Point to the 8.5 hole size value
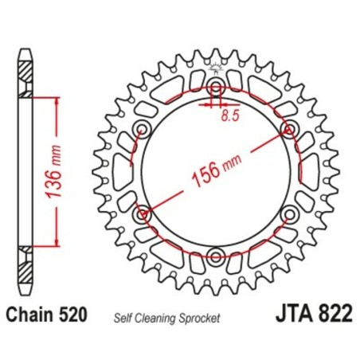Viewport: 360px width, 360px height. pyautogui.click(x=229, y=115)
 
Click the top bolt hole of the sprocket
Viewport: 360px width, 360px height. pyautogui.click(x=216, y=87)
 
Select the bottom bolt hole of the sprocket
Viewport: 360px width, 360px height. pyautogui.click(x=216, y=255)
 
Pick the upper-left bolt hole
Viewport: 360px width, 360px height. pyautogui.click(x=143, y=129)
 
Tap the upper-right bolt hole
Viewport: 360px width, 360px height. pyautogui.click(x=288, y=129)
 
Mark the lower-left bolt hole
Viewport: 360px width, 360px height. pyautogui.click(x=143, y=213)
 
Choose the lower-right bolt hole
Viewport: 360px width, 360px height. pyautogui.click(x=288, y=213)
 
